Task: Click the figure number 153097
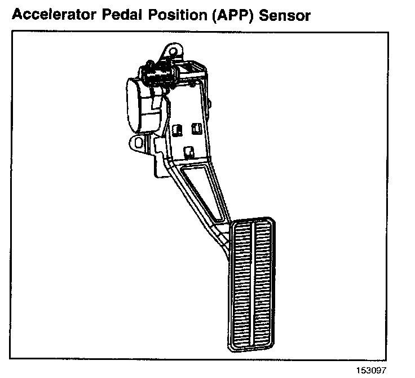click(x=372, y=370)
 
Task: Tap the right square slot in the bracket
click(x=197, y=128)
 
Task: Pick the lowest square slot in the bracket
click(x=189, y=151)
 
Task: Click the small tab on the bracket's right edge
click(x=209, y=104)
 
